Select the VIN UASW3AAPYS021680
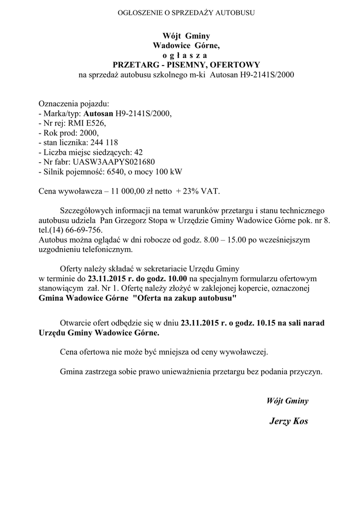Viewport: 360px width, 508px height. [x=114, y=162]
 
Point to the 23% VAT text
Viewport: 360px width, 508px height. [x=201, y=191]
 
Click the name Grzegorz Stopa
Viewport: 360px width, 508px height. [x=142, y=220]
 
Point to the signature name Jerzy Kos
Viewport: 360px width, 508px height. [x=288, y=421]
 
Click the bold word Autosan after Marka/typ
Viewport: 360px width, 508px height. [x=98, y=114]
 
